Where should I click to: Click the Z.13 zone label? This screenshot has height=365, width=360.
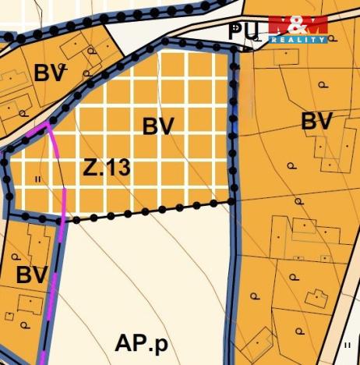[105, 167]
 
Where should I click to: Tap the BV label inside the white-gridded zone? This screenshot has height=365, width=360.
[157, 126]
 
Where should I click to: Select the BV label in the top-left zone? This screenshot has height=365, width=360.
[48, 74]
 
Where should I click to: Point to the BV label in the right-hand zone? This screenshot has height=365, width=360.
[316, 122]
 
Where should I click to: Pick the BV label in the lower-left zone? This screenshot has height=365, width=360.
[31, 275]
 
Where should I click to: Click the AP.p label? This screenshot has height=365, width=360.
[141, 343]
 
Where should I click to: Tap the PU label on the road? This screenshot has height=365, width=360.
[245, 30]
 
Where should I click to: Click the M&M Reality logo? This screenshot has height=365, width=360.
[297, 29]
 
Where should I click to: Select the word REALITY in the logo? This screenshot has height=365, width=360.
[297, 39]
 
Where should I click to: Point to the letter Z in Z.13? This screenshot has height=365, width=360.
[89, 167]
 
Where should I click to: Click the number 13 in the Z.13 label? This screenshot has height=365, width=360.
[115, 167]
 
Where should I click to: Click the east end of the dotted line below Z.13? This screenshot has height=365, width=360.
[231, 202]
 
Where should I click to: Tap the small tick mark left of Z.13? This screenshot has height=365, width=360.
[37, 179]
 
